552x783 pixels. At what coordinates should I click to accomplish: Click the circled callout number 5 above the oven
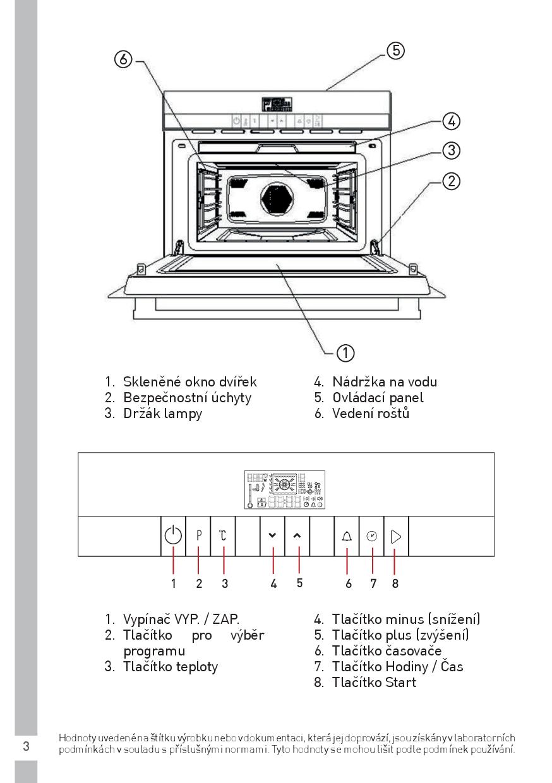[395, 50]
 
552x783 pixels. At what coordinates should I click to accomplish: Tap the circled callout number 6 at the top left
[123, 59]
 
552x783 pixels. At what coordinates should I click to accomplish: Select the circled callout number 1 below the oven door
[345, 352]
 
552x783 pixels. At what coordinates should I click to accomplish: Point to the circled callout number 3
[451, 150]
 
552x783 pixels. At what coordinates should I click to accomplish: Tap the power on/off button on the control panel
[173, 536]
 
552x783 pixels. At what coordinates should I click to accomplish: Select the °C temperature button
[223, 536]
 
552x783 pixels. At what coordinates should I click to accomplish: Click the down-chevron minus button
[272, 535]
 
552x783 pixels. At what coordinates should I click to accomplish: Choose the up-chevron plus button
[297, 535]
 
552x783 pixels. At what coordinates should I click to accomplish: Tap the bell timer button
[347, 536]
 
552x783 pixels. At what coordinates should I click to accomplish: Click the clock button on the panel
[371, 536]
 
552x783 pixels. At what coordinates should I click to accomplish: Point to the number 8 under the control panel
[395, 583]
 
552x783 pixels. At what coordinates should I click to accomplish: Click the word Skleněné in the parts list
[152, 382]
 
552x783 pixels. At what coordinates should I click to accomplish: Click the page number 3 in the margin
[26, 746]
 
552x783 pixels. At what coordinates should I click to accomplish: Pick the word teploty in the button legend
[195, 666]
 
